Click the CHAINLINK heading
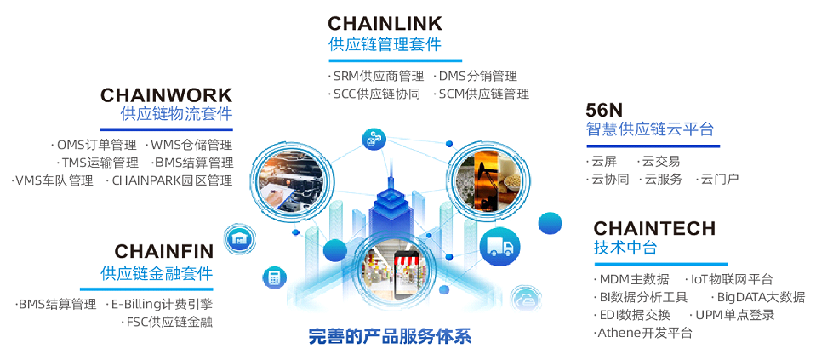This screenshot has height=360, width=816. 385,23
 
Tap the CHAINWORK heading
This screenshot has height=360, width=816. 166,94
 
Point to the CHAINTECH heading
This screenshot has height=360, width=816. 654,229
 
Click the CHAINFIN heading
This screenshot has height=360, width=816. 164,251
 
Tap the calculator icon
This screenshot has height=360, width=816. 274,277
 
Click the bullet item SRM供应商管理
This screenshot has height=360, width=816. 379,77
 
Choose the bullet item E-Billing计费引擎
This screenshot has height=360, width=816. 162,304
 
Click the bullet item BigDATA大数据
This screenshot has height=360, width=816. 760,297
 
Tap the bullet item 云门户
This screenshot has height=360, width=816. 719,179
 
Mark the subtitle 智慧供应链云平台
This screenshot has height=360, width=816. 649,129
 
